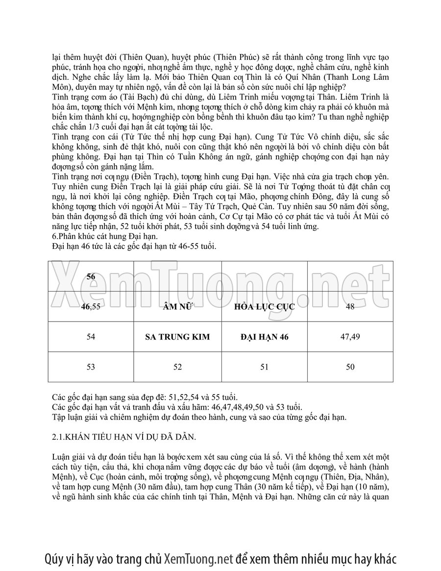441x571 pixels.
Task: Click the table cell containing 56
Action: pyautogui.click(x=91, y=276)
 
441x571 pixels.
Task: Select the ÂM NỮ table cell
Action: pyautogui.click(x=177, y=307)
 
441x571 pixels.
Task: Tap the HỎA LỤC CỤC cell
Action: pyautogui.click(x=264, y=307)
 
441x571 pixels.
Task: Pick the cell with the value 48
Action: pyautogui.click(x=350, y=307)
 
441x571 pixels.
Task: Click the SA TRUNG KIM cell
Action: pyautogui.click(x=177, y=337)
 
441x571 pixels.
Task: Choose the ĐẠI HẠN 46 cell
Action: pyautogui.click(x=264, y=337)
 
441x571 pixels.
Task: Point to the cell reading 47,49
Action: pyautogui.click(x=350, y=337)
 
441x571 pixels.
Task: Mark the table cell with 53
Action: pyautogui.click(x=91, y=367)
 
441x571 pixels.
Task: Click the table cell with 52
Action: pyautogui.click(x=177, y=367)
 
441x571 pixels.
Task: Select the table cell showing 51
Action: pyautogui.click(x=264, y=367)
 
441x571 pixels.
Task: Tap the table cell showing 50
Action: pyautogui.click(x=350, y=367)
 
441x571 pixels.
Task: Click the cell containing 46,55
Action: pyautogui.click(x=91, y=307)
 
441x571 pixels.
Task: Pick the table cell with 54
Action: pyautogui.click(x=91, y=337)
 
